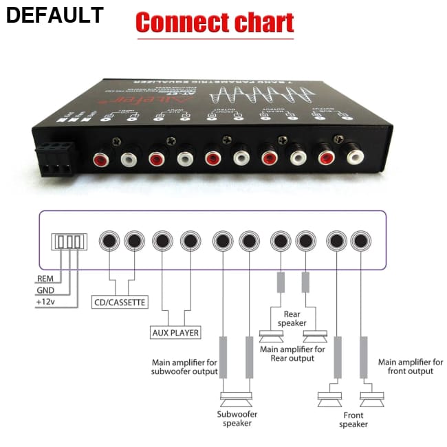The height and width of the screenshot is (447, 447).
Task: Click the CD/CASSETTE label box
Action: (120, 301)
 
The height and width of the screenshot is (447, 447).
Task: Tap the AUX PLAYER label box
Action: (175, 333)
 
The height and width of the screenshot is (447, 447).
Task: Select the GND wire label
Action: (45, 290)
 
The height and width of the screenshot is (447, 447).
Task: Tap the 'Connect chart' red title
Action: (215, 23)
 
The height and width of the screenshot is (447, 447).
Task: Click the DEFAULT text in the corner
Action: (54, 15)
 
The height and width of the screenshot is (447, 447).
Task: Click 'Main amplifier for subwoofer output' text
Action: (185, 367)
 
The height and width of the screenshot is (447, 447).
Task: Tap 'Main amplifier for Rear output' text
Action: (293, 353)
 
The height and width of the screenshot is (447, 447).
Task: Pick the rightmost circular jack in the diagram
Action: (360, 241)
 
